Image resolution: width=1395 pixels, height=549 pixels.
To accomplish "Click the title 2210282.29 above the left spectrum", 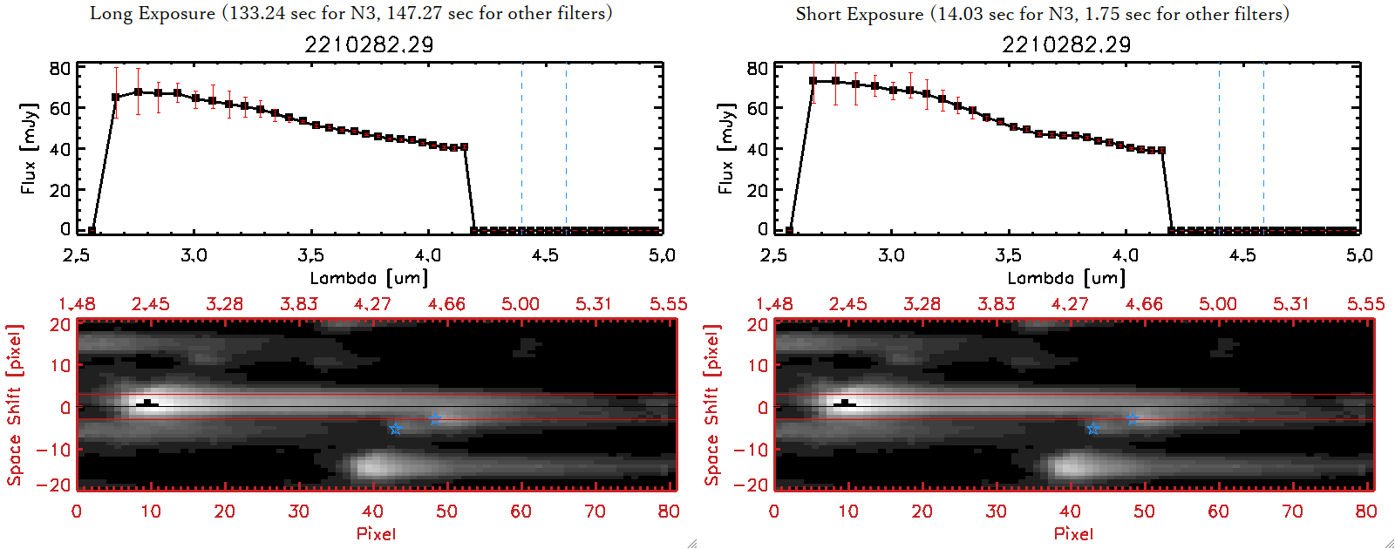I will click(x=369, y=44).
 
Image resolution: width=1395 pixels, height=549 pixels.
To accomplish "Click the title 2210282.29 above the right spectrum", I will click(x=1066, y=44).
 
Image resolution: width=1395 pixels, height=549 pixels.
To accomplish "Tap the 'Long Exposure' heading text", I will click(x=153, y=13).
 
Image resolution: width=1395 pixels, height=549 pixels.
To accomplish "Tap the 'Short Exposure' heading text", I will click(x=859, y=14).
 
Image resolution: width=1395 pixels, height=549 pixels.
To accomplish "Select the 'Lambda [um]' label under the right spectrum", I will click(x=1066, y=278).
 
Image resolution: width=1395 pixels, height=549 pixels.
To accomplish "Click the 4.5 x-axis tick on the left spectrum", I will click(x=545, y=255).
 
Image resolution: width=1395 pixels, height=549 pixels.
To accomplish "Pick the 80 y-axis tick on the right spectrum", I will click(x=757, y=69).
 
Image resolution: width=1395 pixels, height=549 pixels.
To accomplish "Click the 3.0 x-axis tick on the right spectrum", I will click(x=891, y=255).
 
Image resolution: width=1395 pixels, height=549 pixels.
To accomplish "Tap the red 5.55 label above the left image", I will click(x=668, y=304).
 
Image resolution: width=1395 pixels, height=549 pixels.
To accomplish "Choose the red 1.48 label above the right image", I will click(x=774, y=304).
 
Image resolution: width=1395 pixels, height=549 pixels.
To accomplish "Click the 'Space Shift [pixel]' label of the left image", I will click(x=14, y=405).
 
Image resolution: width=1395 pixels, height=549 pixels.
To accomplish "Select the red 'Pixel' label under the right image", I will click(x=1073, y=533).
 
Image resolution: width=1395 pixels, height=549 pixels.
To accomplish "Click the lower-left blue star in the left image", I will click(x=396, y=429).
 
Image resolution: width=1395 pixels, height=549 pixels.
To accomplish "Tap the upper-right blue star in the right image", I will click(x=1132, y=419).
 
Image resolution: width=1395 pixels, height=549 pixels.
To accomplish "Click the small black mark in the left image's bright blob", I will click(x=148, y=403).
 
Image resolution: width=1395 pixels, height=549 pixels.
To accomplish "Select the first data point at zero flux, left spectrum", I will click(x=92, y=231).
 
